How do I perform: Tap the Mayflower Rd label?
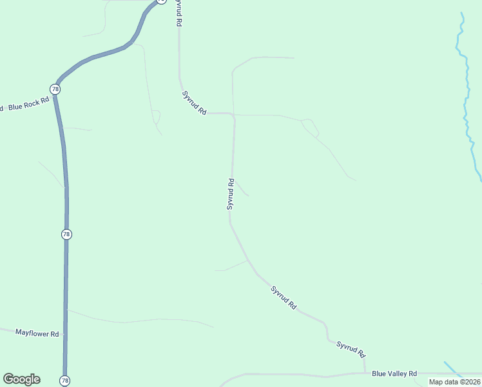[37, 333]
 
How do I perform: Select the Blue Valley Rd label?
[394, 373]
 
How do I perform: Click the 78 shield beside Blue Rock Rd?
[55, 88]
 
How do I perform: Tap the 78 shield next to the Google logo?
[64, 381]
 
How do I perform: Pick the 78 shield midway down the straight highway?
[66, 234]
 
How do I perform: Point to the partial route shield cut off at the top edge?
[160, 1]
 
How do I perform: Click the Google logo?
[21, 379]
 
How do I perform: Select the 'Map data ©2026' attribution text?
[455, 382]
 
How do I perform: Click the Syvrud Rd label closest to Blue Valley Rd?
[351, 349]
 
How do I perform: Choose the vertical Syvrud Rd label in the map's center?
[230, 194]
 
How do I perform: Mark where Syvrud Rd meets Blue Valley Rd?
[365, 373]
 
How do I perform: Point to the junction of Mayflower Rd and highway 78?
[65, 335]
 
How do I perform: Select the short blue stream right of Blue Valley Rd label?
[453, 369]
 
